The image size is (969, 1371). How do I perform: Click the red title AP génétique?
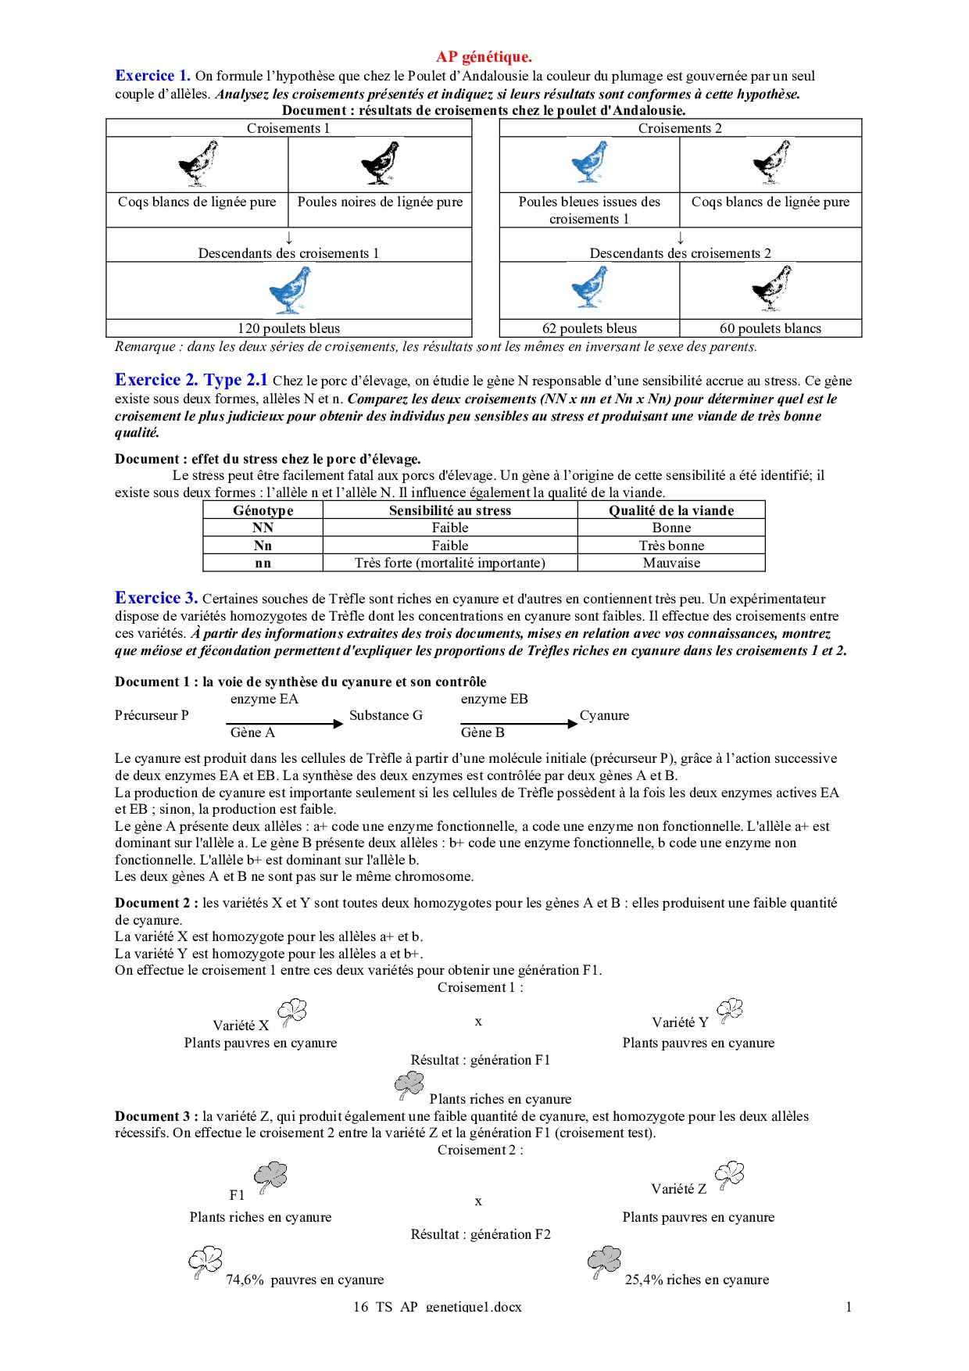click(484, 56)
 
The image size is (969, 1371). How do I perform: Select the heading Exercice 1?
click(152, 76)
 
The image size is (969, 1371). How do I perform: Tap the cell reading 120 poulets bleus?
click(288, 328)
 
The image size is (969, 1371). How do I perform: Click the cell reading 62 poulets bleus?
click(589, 328)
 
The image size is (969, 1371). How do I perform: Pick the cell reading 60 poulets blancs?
click(771, 328)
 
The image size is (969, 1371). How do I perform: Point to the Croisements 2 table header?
click(680, 128)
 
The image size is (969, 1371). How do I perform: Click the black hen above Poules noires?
click(381, 163)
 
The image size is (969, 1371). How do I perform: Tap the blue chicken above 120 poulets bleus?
click(290, 289)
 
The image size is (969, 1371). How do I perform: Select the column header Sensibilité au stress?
click(450, 510)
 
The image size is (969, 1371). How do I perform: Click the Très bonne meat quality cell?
click(671, 546)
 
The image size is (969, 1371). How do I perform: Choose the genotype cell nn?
click(263, 563)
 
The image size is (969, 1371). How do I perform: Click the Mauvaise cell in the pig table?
click(671, 563)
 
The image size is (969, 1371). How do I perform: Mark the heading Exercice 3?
click(156, 598)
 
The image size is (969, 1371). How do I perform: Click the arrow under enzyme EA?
click(285, 724)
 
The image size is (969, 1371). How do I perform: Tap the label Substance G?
click(386, 715)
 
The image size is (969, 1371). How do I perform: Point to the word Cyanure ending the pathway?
click(604, 715)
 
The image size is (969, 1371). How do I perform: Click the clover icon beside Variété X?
click(293, 1012)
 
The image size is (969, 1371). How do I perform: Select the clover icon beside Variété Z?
click(730, 1175)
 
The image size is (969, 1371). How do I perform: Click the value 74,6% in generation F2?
click(245, 1280)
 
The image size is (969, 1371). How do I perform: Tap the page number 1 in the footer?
click(849, 1306)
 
